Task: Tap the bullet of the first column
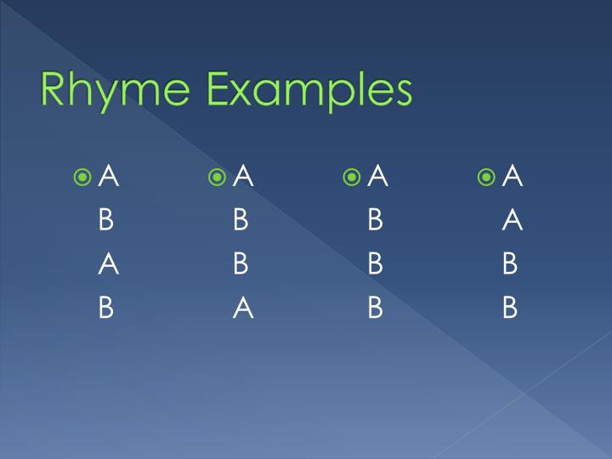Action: pyautogui.click(x=82, y=177)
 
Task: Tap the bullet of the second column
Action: pyautogui.click(x=218, y=177)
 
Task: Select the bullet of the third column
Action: pyautogui.click(x=352, y=177)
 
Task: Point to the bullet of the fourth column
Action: pyautogui.click(x=487, y=177)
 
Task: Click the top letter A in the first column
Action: pyautogui.click(x=108, y=177)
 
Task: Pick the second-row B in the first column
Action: pyautogui.click(x=106, y=221)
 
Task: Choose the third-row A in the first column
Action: pyautogui.click(x=108, y=265)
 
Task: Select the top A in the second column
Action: pyautogui.click(x=243, y=177)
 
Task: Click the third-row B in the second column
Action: pyautogui.click(x=241, y=265)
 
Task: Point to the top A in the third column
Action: pyautogui.click(x=377, y=177)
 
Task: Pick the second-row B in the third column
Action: pyautogui.click(x=376, y=221)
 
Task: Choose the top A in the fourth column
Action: pyautogui.click(x=512, y=177)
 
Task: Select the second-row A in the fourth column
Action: pyautogui.click(x=512, y=221)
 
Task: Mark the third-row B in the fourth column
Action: pyautogui.click(x=510, y=265)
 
